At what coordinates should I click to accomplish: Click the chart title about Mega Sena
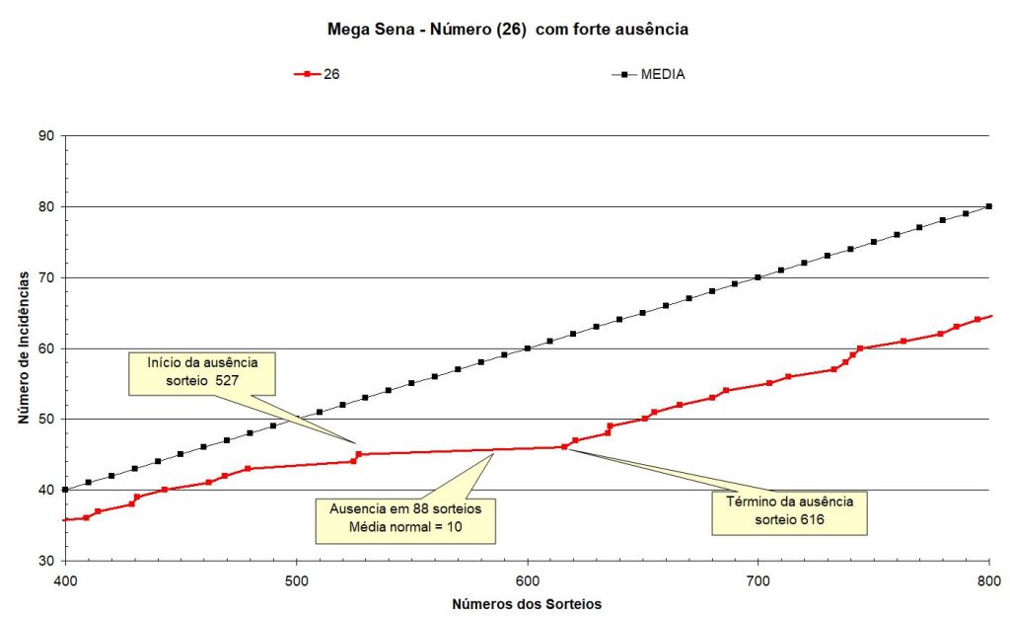[507, 30]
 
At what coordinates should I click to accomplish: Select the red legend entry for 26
[317, 74]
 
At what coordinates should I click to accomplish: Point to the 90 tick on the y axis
[46, 135]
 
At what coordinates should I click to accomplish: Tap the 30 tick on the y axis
[46, 561]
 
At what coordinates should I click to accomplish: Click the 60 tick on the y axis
[46, 348]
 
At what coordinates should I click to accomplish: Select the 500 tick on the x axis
[296, 581]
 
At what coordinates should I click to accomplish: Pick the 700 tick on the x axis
[758, 581]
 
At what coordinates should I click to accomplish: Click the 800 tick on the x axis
[988, 581]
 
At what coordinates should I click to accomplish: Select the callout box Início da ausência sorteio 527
[202, 373]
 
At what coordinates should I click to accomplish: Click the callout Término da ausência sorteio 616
[789, 513]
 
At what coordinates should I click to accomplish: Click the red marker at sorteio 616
[564, 447]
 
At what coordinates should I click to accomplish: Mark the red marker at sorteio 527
[358, 454]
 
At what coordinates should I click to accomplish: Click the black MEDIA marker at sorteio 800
[989, 206]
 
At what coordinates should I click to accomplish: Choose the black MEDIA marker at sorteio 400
[65, 490]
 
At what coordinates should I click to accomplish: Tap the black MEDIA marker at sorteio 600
[528, 348]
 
